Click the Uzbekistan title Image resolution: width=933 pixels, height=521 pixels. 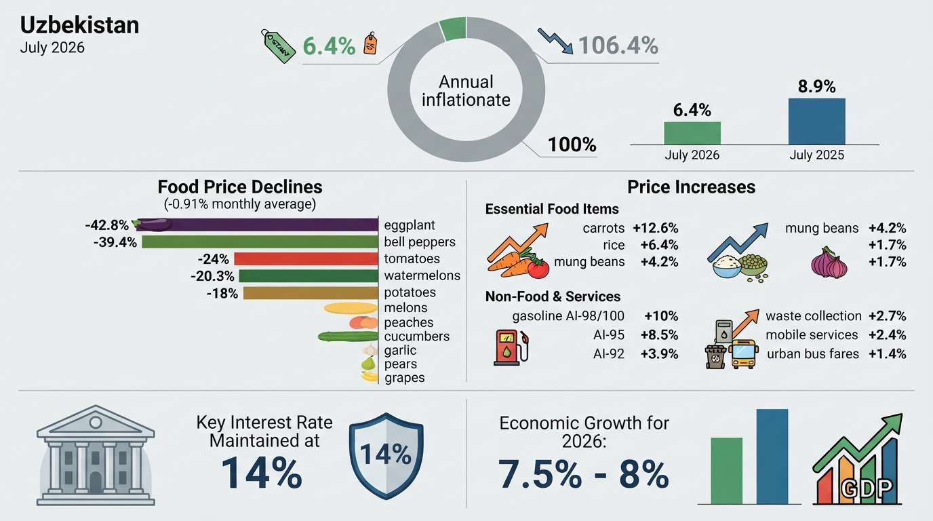point(79,25)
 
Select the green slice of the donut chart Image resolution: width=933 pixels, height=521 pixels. point(453,28)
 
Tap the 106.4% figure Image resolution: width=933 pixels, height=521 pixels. point(618,45)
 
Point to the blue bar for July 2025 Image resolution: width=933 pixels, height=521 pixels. point(817,121)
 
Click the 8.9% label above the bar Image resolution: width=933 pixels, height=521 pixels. point(817,87)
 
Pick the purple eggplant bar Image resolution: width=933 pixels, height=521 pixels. point(258,225)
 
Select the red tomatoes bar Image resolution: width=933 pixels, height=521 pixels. point(306,259)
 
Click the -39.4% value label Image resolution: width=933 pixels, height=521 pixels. point(115,242)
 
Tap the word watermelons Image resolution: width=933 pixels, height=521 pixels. point(422,275)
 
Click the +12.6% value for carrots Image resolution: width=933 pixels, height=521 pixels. point(656,228)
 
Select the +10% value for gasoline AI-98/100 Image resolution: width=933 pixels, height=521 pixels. point(661,316)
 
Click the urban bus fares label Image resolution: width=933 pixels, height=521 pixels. point(813,354)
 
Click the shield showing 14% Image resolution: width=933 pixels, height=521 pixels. point(386,456)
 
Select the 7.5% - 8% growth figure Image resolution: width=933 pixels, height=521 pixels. point(583,474)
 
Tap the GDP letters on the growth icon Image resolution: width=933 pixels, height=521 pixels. point(867,488)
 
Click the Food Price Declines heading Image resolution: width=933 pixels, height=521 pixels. point(240,187)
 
